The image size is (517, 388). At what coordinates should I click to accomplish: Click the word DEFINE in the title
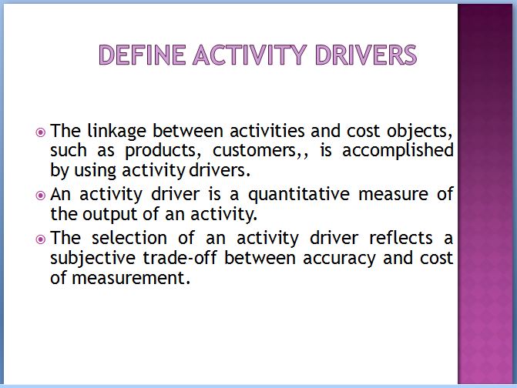(142, 55)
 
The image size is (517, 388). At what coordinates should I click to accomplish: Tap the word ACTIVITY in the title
(250, 55)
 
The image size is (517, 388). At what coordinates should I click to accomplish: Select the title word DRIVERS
(366, 55)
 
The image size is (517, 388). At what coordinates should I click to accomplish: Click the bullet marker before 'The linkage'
(40, 132)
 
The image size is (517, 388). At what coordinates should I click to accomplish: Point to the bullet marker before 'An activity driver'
(40, 196)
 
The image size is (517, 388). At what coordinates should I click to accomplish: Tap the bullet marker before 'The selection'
(40, 239)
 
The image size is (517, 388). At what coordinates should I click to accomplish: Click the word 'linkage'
(116, 132)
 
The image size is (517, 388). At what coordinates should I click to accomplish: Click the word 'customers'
(254, 151)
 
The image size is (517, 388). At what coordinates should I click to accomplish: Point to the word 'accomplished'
(398, 152)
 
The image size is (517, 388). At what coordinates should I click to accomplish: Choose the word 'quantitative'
(299, 195)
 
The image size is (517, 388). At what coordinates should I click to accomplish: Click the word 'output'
(109, 215)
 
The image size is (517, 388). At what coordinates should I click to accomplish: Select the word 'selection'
(129, 238)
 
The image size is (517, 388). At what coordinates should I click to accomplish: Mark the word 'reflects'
(401, 238)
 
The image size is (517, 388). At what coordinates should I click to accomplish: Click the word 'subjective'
(92, 259)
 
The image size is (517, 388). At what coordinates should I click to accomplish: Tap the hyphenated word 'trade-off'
(180, 258)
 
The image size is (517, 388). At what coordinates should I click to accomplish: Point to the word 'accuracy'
(339, 259)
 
